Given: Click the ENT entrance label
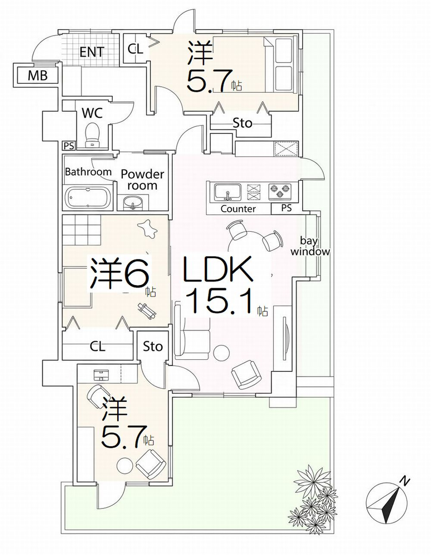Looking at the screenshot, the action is (92, 52).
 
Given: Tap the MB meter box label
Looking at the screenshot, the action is (37, 75).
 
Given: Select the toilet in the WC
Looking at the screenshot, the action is (92, 135).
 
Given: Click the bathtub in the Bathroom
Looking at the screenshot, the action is (87, 198).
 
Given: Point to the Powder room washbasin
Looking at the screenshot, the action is (133, 202).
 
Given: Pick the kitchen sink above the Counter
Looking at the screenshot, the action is (228, 192).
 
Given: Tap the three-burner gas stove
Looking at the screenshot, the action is (279, 191).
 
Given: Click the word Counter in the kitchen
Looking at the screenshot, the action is (238, 209).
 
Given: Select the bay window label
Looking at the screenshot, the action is (310, 246).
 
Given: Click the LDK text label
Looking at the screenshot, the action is (217, 270).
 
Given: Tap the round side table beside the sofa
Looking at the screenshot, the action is (221, 353).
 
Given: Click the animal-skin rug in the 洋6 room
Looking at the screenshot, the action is (147, 229).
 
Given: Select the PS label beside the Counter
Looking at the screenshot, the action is (286, 208).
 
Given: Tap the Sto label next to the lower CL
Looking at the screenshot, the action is (153, 347).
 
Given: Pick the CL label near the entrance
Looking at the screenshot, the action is (135, 49).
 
